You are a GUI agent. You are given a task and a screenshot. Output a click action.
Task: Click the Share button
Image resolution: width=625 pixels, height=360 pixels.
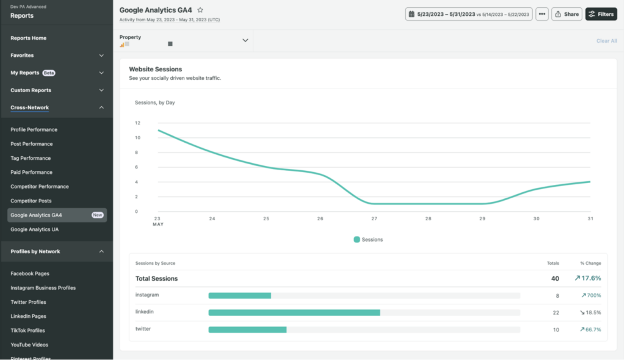tap(566, 14)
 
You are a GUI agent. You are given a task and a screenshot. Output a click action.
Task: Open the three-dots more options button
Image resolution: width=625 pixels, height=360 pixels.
tap(542, 14)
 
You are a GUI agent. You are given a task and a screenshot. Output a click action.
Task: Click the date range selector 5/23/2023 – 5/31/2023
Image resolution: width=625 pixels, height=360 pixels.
tap(469, 14)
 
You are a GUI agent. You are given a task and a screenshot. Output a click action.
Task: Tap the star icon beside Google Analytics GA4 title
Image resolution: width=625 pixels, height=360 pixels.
tap(200, 10)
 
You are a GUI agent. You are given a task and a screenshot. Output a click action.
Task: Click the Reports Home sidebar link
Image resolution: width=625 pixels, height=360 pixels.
tap(28, 38)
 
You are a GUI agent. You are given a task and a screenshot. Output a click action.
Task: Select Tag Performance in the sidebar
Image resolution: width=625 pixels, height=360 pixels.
tap(31, 158)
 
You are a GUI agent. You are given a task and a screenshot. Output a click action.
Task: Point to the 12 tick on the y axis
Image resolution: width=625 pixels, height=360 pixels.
tap(137, 123)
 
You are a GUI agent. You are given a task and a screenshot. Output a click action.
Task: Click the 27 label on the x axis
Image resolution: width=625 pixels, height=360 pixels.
tap(374, 218)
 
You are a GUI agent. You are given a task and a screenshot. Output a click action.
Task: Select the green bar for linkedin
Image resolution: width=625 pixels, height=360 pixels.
tap(294, 312)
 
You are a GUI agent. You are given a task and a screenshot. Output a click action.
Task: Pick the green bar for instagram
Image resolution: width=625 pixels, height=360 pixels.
tap(239, 295)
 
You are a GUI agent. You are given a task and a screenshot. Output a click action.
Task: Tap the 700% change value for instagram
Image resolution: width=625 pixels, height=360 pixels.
tap(591, 295)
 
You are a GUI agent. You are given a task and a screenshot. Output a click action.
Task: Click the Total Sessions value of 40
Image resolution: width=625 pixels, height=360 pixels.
tap(554, 278)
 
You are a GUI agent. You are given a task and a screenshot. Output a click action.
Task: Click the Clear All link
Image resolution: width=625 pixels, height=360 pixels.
tap(606, 41)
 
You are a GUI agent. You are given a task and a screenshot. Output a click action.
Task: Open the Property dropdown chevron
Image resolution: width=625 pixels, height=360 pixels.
tap(245, 40)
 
